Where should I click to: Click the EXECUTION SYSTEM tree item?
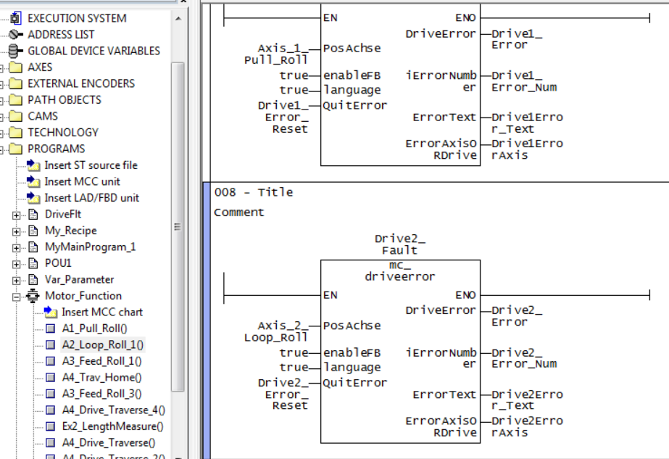coord(77,18)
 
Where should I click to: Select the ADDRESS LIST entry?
coord(61,34)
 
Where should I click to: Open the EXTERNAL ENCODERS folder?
coord(81,83)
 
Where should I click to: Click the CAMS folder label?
coord(43,116)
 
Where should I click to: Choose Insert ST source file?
coord(91,165)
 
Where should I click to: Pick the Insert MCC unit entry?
coord(82,181)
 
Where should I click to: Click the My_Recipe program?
coord(71,231)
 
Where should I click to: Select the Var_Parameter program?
coord(79,279)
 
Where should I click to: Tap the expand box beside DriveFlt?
coord(17,215)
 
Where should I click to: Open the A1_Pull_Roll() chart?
coord(94,328)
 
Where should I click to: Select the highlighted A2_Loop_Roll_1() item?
coord(102,344)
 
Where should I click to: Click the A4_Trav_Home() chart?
coord(101,377)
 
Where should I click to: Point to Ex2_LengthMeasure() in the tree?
coord(112,426)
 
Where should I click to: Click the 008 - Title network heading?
coord(254,192)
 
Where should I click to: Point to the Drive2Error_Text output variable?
coord(527,400)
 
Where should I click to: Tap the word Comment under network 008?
coord(239,212)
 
